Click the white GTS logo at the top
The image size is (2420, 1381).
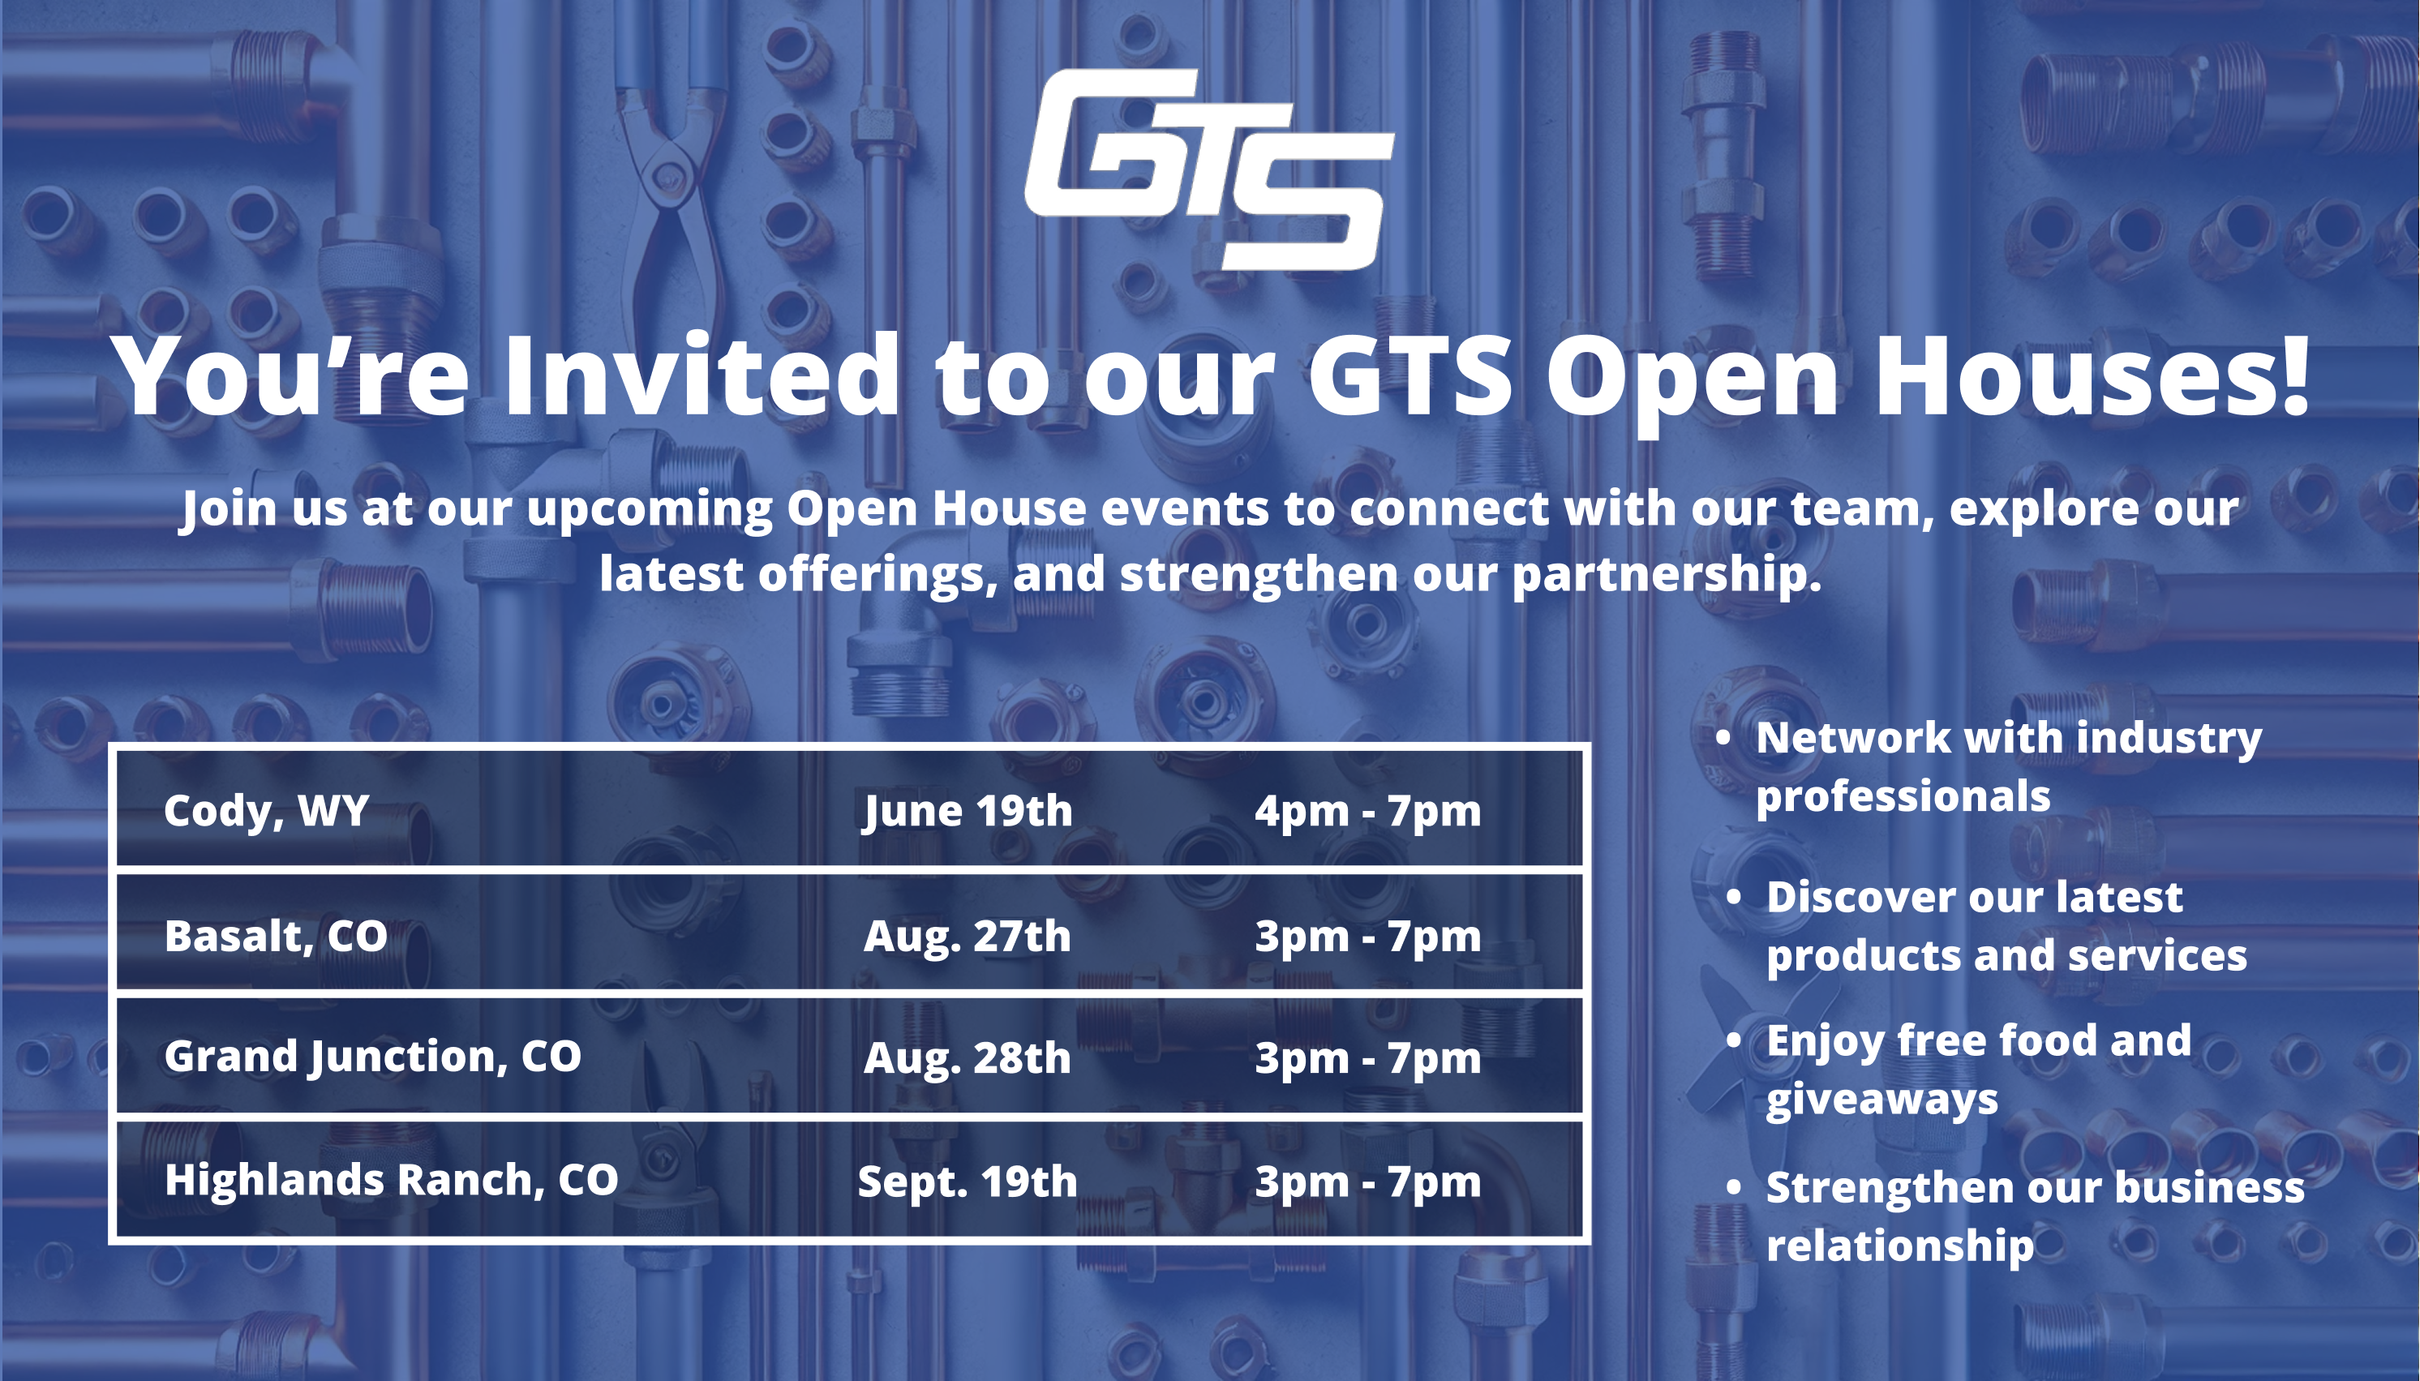click(x=1209, y=169)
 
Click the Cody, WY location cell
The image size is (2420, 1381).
click(x=267, y=812)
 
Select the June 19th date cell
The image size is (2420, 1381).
click(x=968, y=812)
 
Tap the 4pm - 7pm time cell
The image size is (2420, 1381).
click(x=1367, y=812)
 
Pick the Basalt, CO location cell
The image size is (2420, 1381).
click(x=276, y=936)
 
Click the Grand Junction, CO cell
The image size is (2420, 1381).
click(x=373, y=1057)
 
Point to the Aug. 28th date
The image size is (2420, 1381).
click(x=968, y=1058)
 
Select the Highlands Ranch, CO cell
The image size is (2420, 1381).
click(x=391, y=1181)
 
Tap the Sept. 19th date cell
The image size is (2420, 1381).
click(x=968, y=1182)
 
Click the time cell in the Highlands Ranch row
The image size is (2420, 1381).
click(x=1367, y=1182)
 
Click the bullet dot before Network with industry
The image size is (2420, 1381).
click(x=1723, y=738)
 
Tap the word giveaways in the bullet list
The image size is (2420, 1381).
click(x=1882, y=1100)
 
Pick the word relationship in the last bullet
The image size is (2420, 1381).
click(x=1899, y=1246)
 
